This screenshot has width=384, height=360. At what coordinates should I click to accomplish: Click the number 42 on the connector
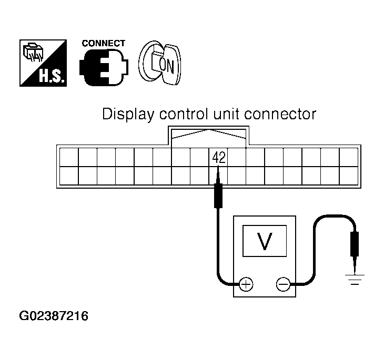pos(219,158)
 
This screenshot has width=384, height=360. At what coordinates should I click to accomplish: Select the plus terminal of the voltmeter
pos(246,285)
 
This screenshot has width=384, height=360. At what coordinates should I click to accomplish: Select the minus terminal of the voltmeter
pos(283,285)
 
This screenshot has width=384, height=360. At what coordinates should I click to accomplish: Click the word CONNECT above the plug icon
pos(104,44)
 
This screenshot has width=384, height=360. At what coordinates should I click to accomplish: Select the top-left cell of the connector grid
pos(68,157)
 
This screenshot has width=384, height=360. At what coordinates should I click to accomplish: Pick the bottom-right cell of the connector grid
pos(348,176)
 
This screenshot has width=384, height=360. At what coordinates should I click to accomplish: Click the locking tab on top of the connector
pos(209,135)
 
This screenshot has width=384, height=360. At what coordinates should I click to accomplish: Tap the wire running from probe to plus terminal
pos(217,247)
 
